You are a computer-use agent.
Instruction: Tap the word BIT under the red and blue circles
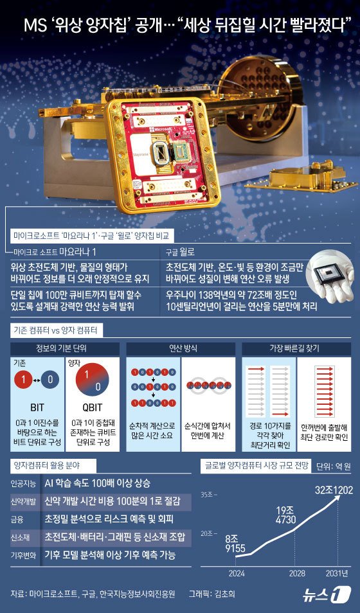pyautogui.click(x=37, y=407)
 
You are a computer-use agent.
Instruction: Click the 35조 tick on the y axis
pyautogui.click(x=208, y=494)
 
